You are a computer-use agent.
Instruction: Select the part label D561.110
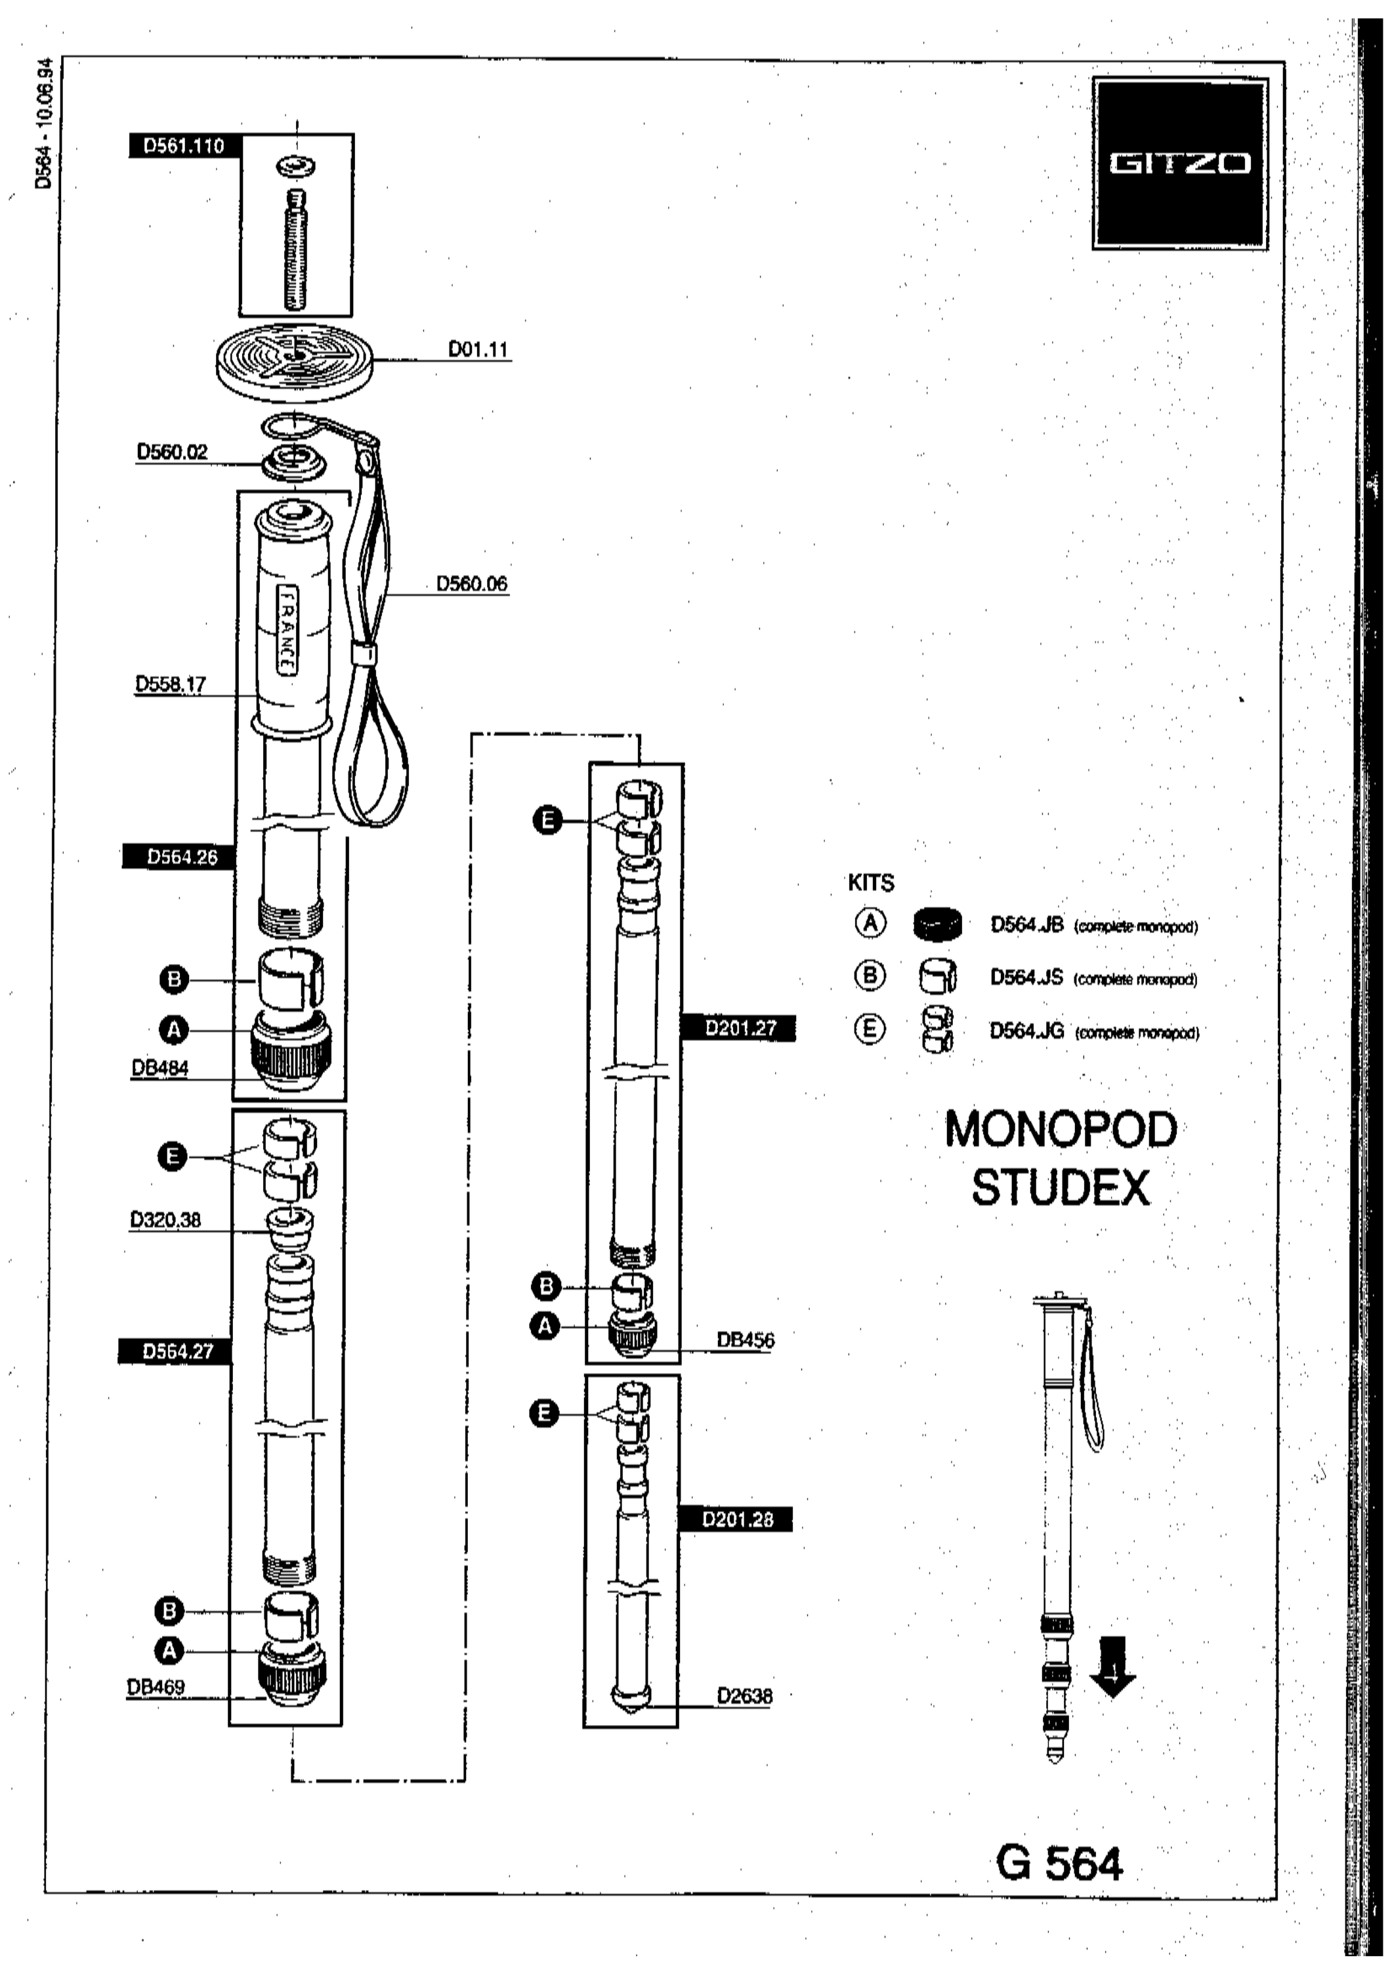(184, 146)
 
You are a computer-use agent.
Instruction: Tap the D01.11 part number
(478, 349)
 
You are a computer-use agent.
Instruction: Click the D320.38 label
(165, 1220)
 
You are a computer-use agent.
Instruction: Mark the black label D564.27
(177, 1351)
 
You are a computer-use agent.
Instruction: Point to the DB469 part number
(156, 1687)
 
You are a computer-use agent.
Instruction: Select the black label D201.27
(739, 1028)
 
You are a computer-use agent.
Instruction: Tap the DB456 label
(746, 1340)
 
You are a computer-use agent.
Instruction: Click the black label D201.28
(736, 1520)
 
